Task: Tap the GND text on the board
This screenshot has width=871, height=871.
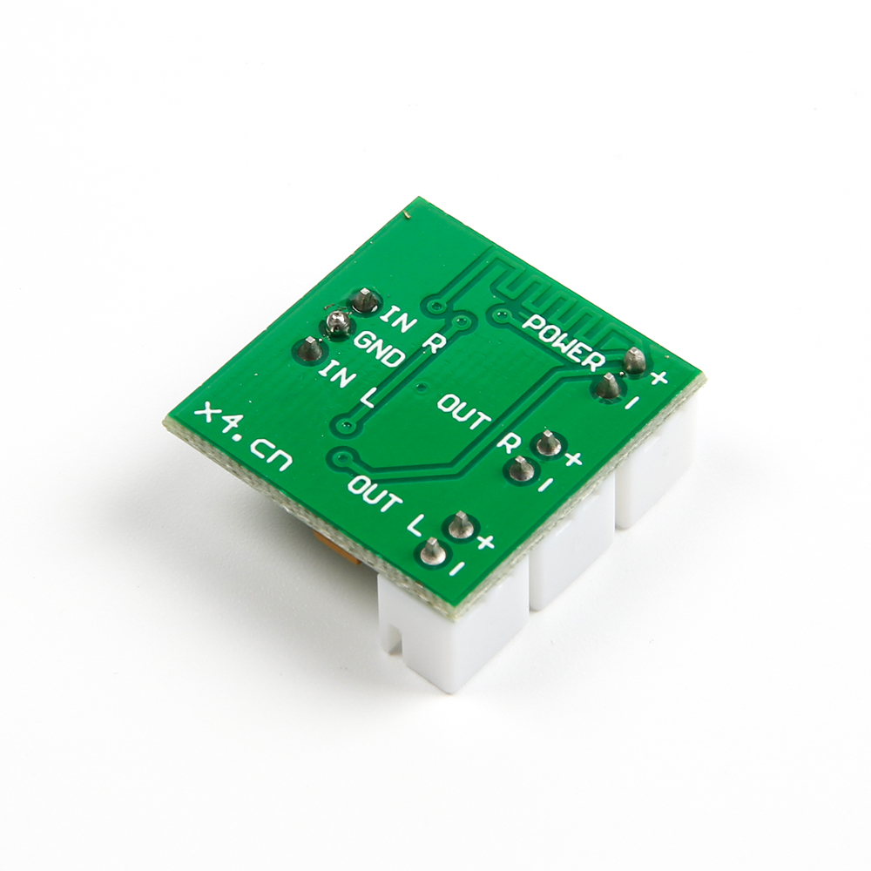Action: click(378, 348)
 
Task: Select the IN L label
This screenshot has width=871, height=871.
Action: click(347, 384)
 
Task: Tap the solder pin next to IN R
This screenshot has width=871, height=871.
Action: click(364, 300)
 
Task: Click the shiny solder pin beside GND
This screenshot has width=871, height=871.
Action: click(334, 324)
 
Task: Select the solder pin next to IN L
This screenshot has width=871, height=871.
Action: click(307, 349)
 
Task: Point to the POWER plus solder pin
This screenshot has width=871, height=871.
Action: click(635, 357)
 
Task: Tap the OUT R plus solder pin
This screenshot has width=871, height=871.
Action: click(547, 442)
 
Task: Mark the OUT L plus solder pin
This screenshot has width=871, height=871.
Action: click(459, 525)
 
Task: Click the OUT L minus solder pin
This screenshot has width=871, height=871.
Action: click(431, 550)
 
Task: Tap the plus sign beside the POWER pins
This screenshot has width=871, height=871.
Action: click(659, 377)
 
